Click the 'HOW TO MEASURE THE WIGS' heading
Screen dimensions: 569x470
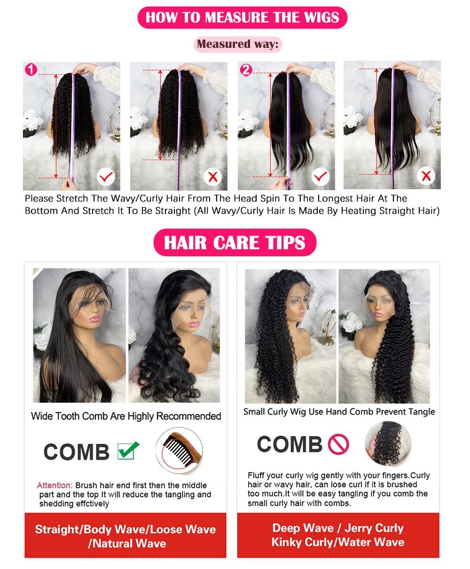coord(242,18)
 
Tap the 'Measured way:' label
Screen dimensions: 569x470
coord(237,45)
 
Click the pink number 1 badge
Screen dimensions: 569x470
coord(31,70)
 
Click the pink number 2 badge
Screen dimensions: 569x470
coord(246,70)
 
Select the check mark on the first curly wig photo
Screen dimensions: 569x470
coord(106,177)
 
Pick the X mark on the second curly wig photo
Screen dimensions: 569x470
coord(212,177)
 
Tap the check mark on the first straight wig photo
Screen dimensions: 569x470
coord(321,177)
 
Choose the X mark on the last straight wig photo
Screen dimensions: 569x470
coord(427,177)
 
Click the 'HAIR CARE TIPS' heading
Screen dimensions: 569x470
coord(235,243)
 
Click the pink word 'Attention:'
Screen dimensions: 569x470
coord(55,485)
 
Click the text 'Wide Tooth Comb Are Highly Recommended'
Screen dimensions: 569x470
coord(126,416)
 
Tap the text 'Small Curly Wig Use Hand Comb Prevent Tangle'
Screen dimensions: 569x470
coord(339,412)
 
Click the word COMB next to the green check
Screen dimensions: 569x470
coord(76,452)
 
